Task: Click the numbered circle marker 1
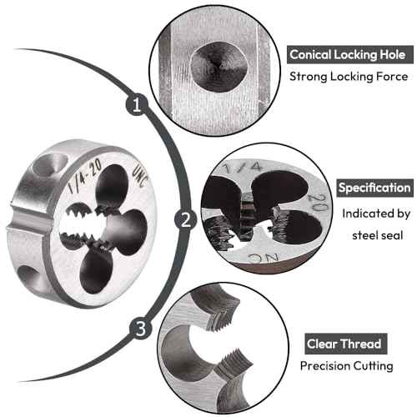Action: pyautogui.click(x=137, y=104)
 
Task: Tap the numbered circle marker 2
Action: pyautogui.click(x=186, y=219)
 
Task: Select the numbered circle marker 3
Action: pyautogui.click(x=141, y=328)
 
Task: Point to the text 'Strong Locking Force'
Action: pyautogui.click(x=349, y=77)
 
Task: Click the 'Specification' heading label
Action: pyautogui.click(x=374, y=188)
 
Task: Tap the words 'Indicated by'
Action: pyautogui.click(x=376, y=214)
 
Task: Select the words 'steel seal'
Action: pyautogui.click(x=378, y=236)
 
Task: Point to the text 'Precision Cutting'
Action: pyautogui.click(x=347, y=365)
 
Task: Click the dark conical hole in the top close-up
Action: pyautogui.click(x=219, y=67)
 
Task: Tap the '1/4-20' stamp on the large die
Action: pyautogui.click(x=85, y=176)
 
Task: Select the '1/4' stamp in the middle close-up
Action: pyautogui.click(x=244, y=167)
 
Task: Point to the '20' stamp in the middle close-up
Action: pyautogui.click(x=321, y=202)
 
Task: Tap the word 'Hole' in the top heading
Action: pyautogui.click(x=393, y=54)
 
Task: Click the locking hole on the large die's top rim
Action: pyautogui.click(x=50, y=164)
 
